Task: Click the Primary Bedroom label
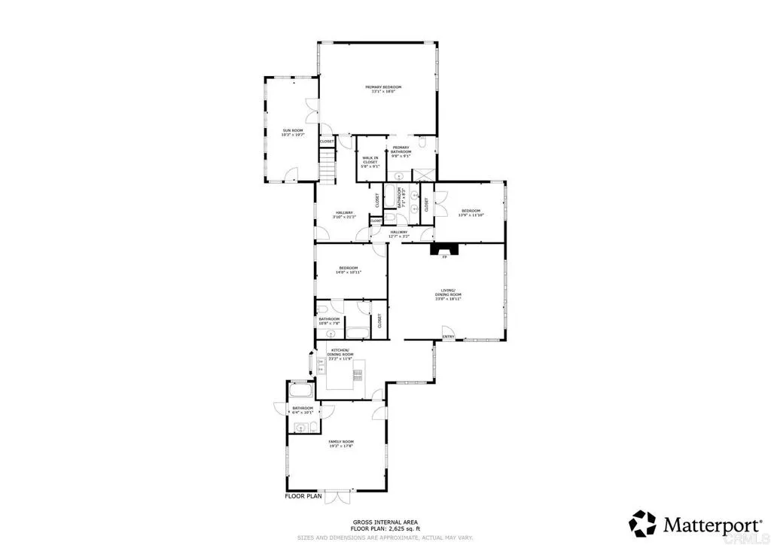coord(383,89)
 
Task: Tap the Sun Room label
coord(293,132)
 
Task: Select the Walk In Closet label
coord(370,160)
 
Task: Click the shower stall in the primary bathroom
coord(424,172)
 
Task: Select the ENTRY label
coord(449,336)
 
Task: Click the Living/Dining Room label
coord(450,295)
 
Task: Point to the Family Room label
coord(341,443)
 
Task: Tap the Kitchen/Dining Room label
coord(340,352)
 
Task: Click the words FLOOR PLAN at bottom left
coord(303,497)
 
